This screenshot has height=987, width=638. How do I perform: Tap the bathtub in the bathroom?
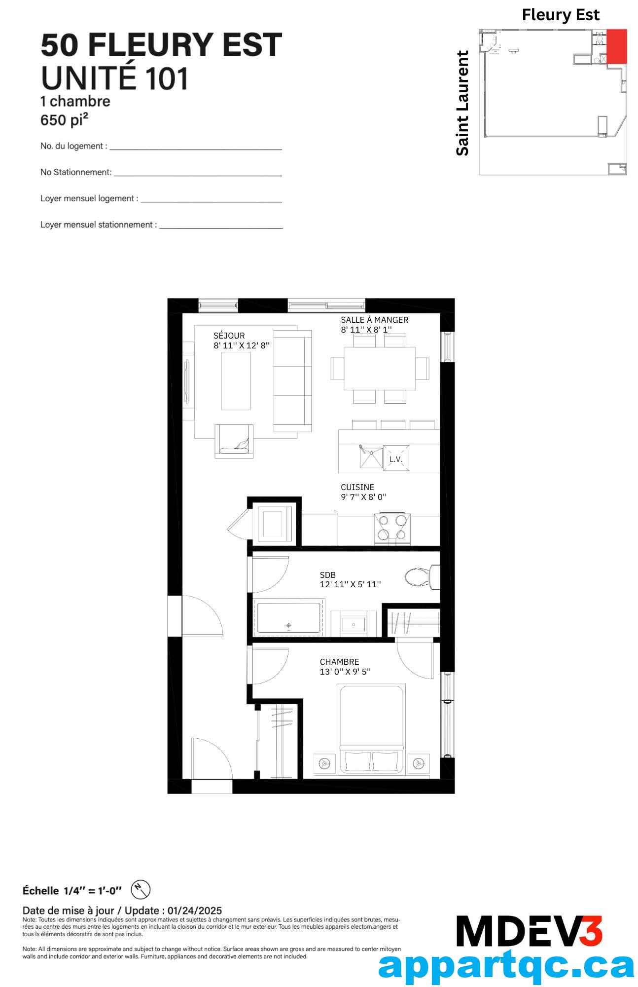point(289,617)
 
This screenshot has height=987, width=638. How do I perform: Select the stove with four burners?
point(392,529)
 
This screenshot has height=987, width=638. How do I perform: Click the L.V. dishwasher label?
point(396,459)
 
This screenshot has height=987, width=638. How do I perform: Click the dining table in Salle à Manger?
point(380,368)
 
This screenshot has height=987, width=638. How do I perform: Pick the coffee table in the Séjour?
point(236,380)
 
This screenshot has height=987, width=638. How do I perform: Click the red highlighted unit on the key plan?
point(616,46)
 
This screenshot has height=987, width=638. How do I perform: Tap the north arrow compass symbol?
point(141,890)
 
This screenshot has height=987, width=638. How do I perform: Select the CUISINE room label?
point(357,487)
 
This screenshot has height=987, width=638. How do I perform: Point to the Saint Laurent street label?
point(462,103)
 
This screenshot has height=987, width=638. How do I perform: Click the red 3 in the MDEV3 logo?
point(591,931)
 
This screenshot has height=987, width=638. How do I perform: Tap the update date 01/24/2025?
point(195,911)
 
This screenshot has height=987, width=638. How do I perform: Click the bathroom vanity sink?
point(354,624)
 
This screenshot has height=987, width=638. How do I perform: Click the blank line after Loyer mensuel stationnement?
point(221,228)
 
